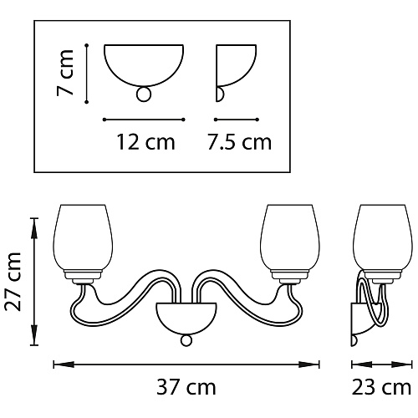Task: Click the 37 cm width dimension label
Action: tap(186, 387)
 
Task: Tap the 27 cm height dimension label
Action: tap(13, 282)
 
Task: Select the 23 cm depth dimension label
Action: tap(381, 387)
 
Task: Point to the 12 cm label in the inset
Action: tap(145, 142)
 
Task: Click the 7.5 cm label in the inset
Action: tap(240, 142)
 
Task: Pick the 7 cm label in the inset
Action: tap(65, 73)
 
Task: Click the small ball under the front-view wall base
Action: tap(186, 340)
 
